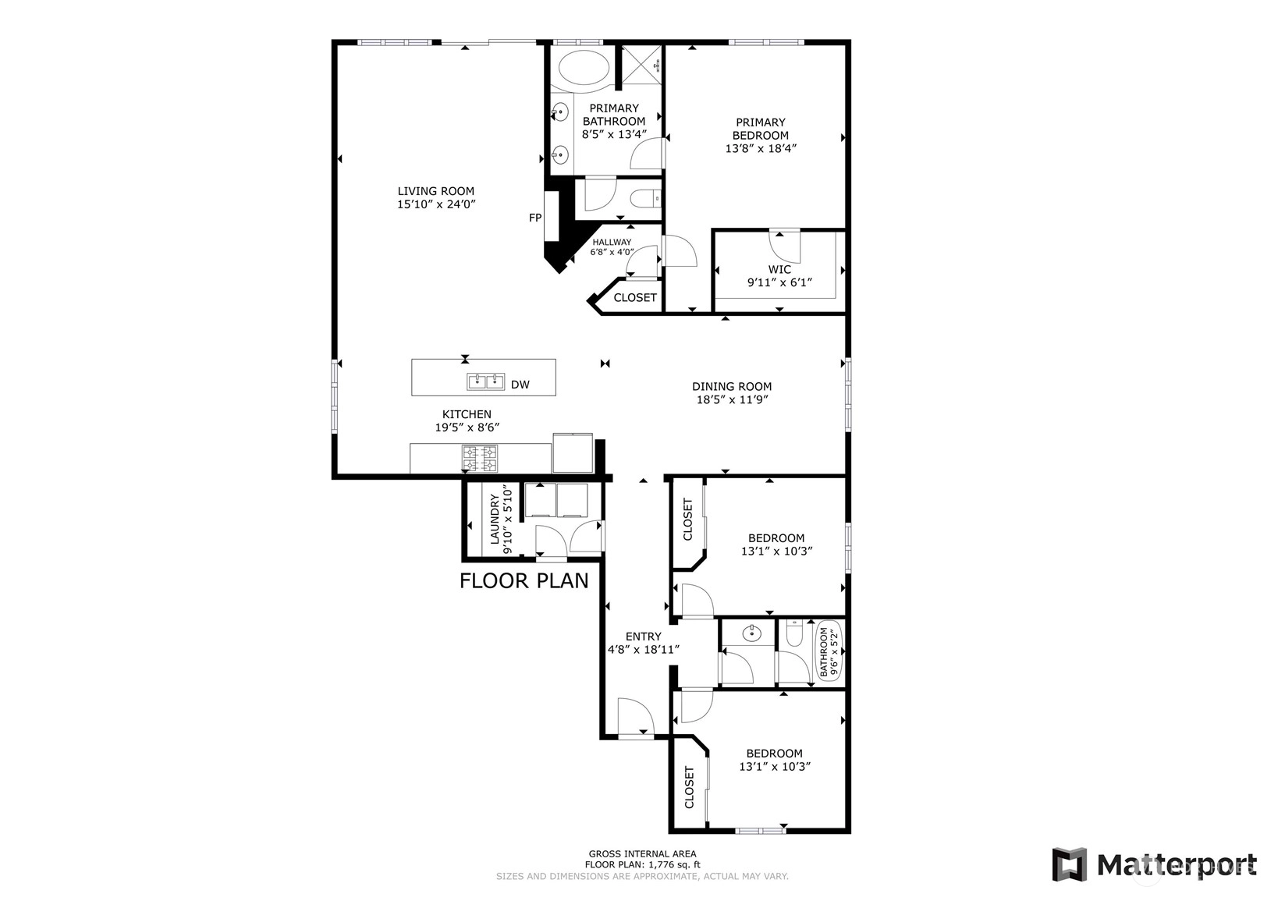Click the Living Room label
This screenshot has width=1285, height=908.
(436, 191)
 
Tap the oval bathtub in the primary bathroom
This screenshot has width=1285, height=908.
(584, 71)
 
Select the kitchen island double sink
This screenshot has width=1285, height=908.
(486, 381)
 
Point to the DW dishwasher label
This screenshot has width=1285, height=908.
(520, 385)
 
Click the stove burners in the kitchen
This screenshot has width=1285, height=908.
(480, 459)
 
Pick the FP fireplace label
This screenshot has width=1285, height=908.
(534, 218)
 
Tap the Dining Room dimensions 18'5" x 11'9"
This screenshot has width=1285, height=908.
(732, 400)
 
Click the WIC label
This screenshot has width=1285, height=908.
(779, 269)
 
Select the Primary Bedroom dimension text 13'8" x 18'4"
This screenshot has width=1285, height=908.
(761, 148)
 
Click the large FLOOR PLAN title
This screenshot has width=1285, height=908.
(524, 580)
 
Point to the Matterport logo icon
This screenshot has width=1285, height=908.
(1070, 864)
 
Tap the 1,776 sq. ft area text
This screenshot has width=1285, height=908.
(675, 864)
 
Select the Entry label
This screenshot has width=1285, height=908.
(643, 636)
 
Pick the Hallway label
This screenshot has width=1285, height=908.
(612, 242)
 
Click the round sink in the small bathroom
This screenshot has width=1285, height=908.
(751, 633)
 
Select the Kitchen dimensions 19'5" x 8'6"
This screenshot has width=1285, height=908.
(467, 427)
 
